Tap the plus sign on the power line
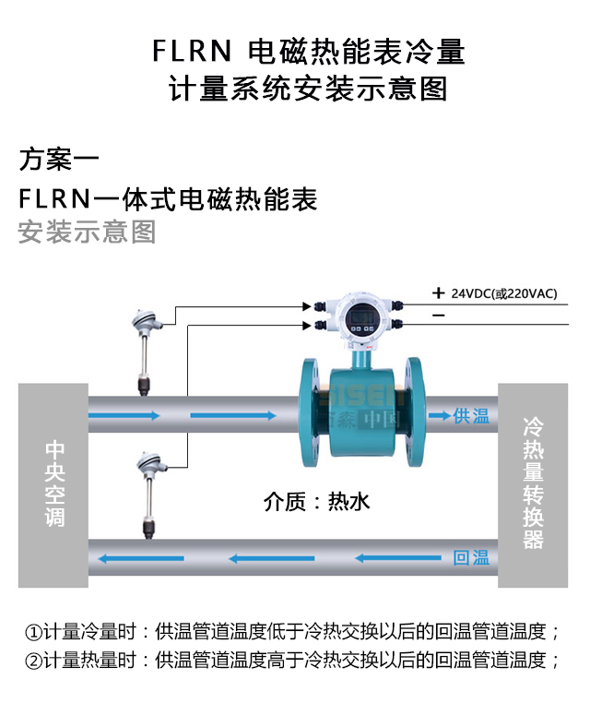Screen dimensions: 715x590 (438, 293)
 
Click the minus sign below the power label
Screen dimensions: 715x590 (438, 316)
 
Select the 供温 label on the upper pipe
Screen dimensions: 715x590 (471, 416)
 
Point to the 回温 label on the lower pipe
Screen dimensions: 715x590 (471, 558)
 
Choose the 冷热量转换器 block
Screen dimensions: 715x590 (534, 484)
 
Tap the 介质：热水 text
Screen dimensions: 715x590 (316, 502)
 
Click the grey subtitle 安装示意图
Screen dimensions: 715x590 (88, 232)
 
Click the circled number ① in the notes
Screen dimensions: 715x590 (32, 633)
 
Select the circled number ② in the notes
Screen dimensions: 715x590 (32, 661)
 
